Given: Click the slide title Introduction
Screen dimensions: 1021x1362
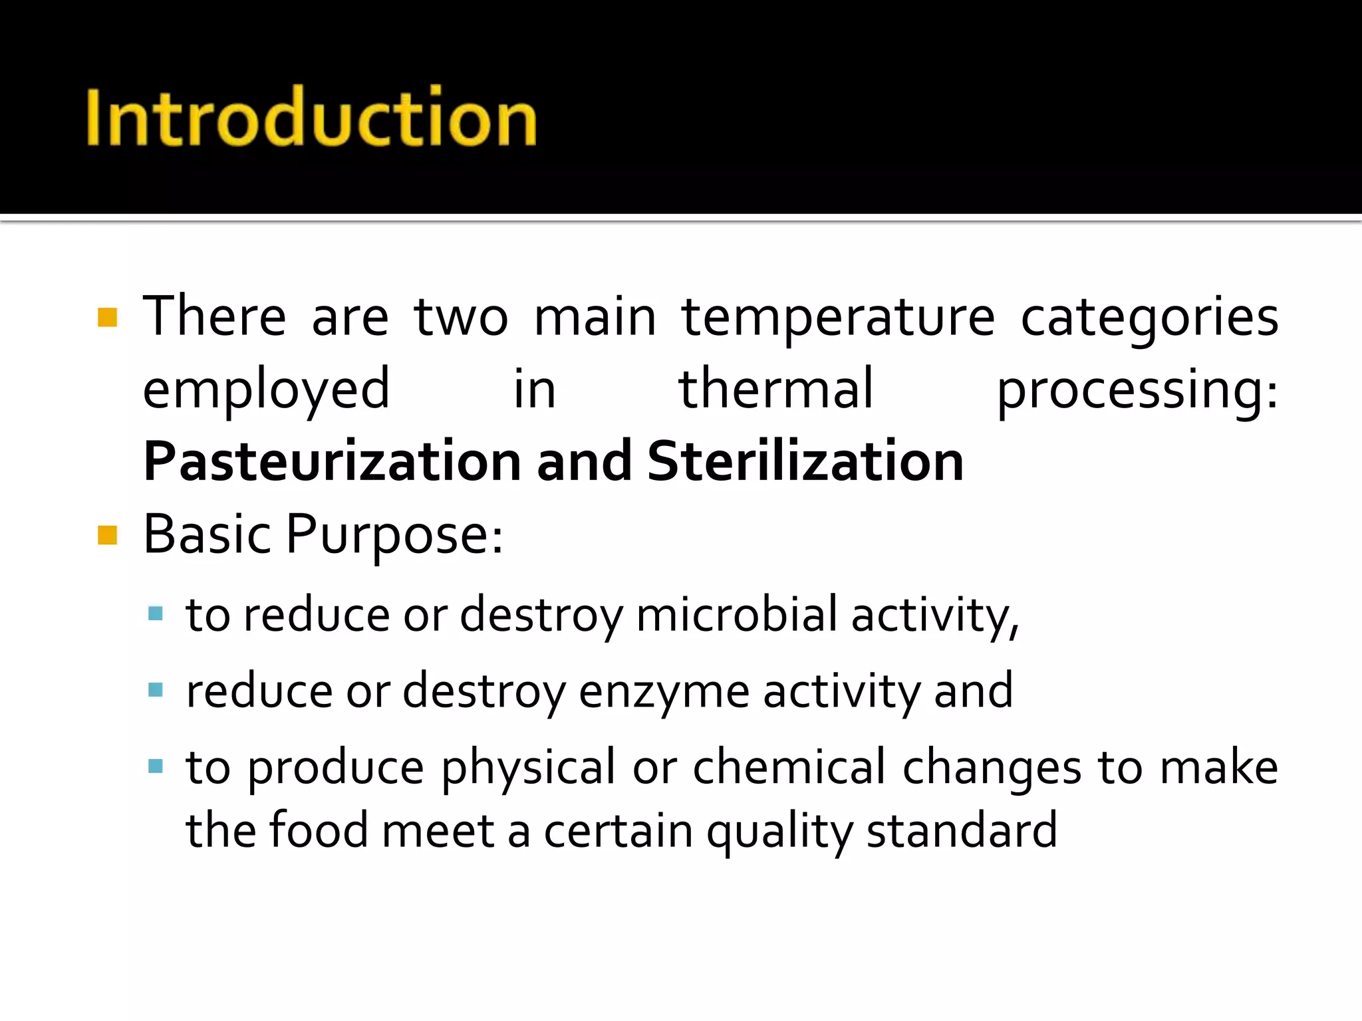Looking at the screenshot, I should pos(311,118).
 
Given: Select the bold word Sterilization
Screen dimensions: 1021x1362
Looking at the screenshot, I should pos(805,461).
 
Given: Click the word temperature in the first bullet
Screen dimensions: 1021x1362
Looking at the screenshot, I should pos(838,318).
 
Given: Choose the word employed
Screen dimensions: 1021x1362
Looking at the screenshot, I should pos(266,391).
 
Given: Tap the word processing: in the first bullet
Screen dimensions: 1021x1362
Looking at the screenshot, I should pos(1137,391).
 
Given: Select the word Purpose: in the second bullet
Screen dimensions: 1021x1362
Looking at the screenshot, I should pos(394,535).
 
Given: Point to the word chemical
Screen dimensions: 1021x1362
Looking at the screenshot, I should pos(789,768).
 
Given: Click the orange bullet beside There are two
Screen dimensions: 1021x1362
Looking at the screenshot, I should pos(107,318).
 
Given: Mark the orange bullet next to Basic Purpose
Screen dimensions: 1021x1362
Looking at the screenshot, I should pos(107,534).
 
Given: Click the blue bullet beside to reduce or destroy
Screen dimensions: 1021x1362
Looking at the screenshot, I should pos(156,614).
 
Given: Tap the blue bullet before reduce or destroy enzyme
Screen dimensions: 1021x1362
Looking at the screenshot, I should pos(156,690).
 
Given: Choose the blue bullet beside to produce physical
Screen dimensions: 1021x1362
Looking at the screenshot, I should pos(156,766).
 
